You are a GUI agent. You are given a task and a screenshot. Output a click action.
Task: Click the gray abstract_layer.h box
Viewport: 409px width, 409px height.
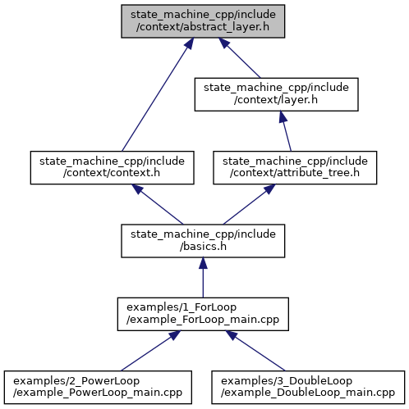(x=203, y=21)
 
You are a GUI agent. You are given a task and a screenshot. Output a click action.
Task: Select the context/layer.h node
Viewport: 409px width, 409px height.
(x=276, y=94)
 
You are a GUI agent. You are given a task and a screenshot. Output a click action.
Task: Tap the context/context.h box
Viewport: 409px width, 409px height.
(x=113, y=167)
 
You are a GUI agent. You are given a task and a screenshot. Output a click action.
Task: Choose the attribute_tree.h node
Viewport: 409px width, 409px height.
(x=295, y=167)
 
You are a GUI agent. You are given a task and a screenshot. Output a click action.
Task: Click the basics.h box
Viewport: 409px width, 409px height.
(x=203, y=241)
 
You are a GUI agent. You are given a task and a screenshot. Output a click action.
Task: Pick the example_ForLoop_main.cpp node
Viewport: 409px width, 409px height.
(x=203, y=314)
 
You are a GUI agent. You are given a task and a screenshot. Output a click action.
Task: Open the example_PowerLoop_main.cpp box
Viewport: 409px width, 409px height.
(x=98, y=387)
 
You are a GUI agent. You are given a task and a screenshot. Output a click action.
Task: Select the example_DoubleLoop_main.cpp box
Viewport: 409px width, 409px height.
(x=308, y=387)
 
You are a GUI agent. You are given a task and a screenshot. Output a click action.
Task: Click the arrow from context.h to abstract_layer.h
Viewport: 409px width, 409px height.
(x=158, y=94)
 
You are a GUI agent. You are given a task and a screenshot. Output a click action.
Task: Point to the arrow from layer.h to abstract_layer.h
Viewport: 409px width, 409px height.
(x=240, y=58)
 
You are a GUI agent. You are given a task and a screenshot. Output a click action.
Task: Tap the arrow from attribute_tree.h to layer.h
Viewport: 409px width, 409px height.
(x=285, y=131)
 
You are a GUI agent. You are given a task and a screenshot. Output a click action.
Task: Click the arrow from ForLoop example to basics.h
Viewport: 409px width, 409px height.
(x=203, y=278)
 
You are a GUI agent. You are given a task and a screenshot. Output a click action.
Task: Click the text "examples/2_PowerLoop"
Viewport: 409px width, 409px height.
(x=76, y=381)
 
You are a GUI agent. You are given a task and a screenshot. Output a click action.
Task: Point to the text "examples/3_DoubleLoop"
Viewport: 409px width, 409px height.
(x=287, y=381)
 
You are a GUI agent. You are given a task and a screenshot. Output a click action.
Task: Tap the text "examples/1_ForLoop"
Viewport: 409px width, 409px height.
(x=182, y=307)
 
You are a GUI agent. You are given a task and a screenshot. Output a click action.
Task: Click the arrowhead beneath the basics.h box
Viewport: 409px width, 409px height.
(x=203, y=263)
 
